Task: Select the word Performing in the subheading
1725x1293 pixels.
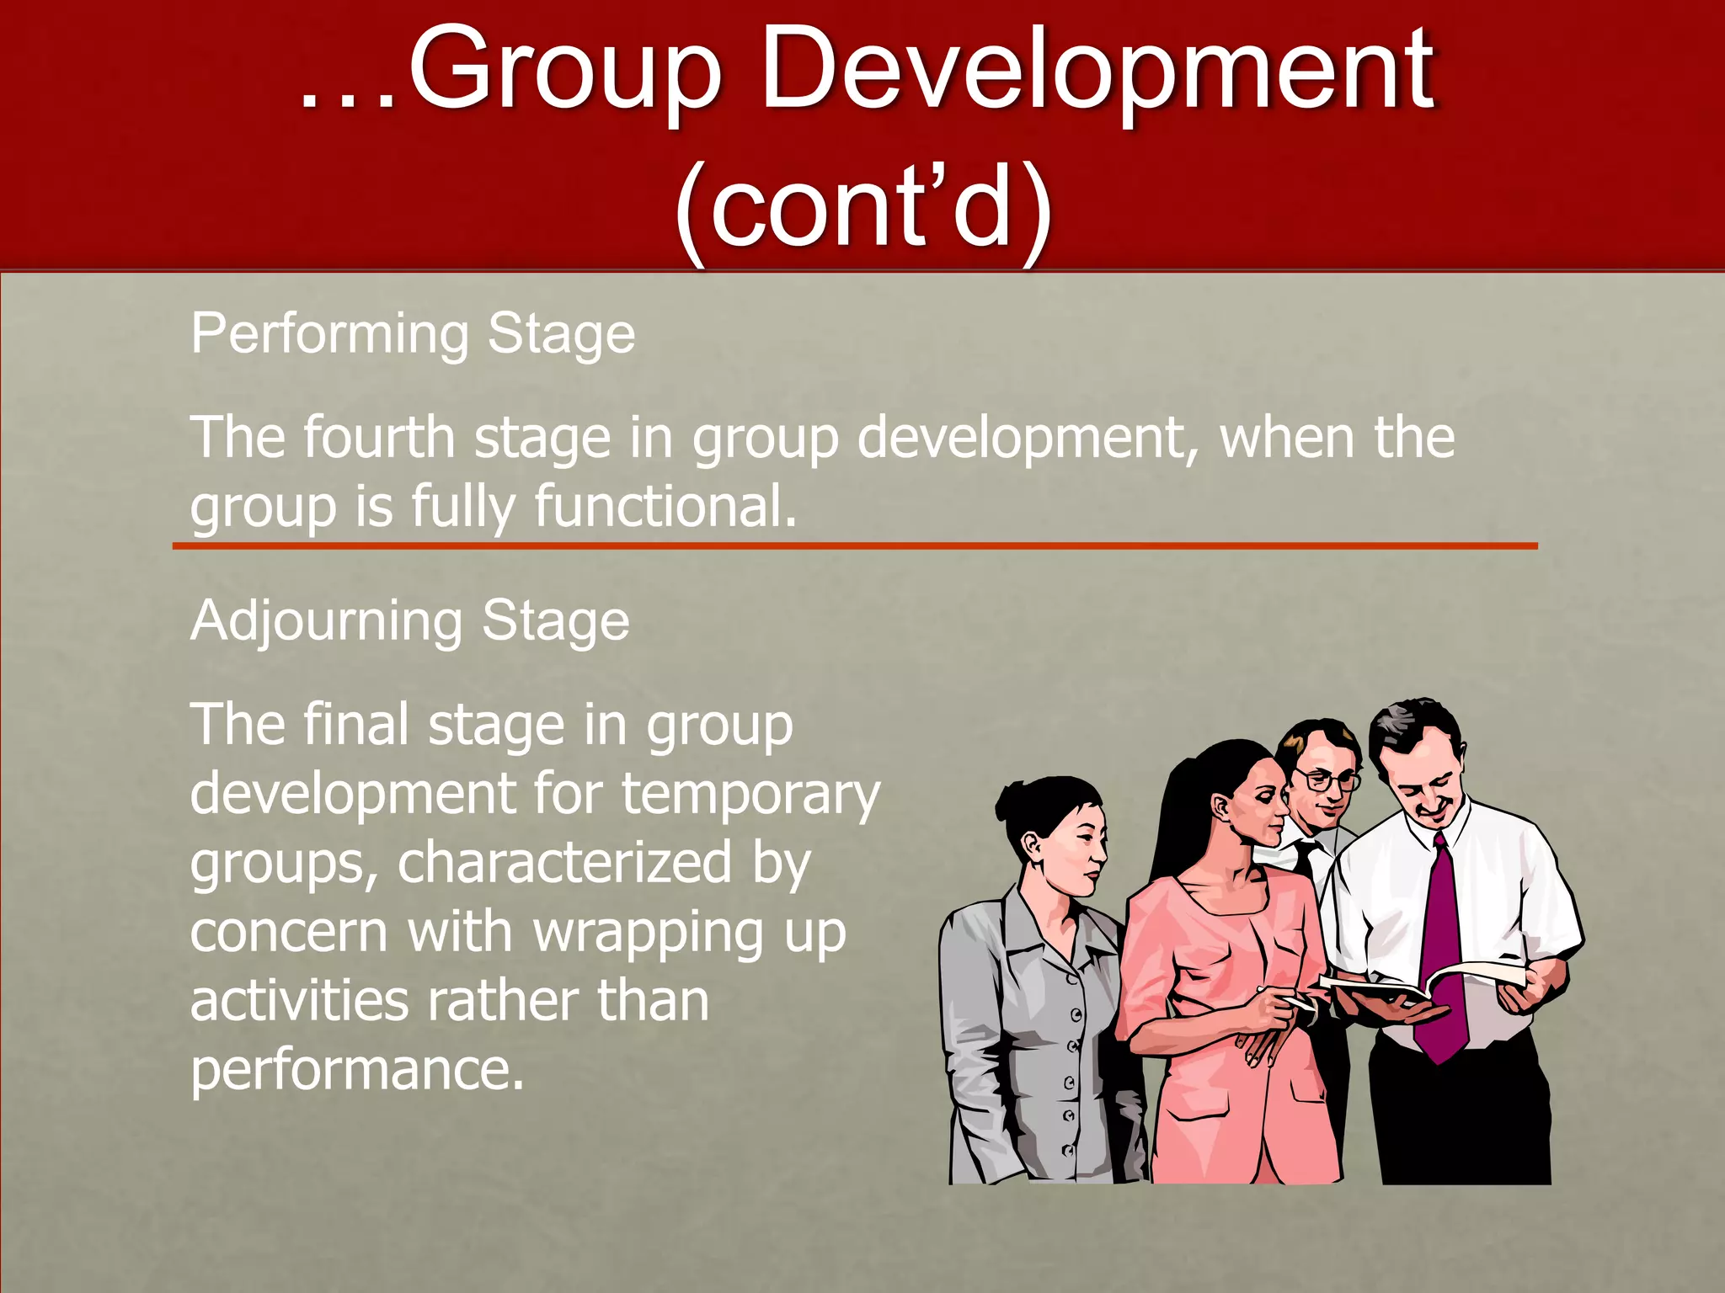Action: [x=328, y=335]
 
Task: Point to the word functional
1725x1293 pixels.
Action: [x=665, y=507]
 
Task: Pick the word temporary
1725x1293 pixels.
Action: [x=750, y=795]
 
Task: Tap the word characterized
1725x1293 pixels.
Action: [x=564, y=864]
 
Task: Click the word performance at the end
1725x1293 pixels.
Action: [x=357, y=1071]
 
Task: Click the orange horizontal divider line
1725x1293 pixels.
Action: [x=854, y=546]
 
